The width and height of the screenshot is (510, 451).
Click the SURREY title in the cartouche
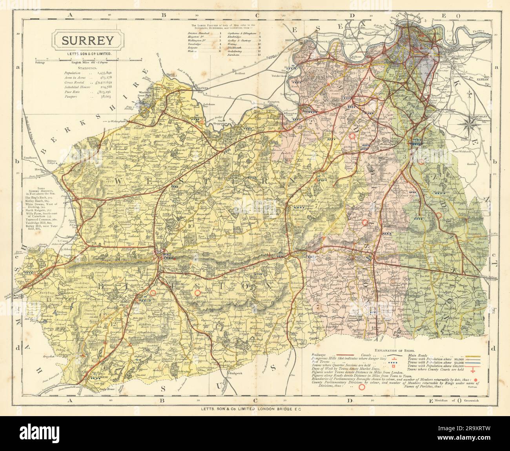coord(87,40)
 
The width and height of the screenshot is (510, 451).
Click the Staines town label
coord(202,89)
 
